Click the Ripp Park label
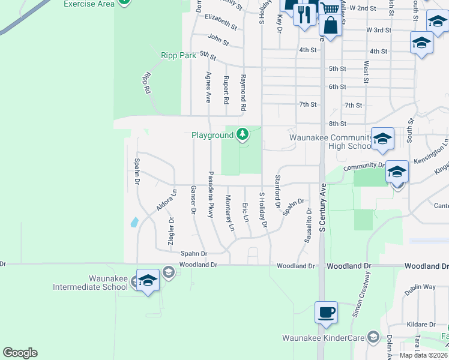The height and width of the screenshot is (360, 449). point(179,55)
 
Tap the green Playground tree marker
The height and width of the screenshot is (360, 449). point(243,134)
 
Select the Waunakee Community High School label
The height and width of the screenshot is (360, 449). point(330,142)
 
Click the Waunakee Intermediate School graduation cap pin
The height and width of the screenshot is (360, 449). point(148,281)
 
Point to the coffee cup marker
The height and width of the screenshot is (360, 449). point(326,313)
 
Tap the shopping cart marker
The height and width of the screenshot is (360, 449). point(329,8)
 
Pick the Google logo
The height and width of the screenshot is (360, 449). point(20,353)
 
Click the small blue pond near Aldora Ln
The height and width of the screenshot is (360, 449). point(134,222)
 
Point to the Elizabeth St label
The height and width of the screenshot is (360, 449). point(221,22)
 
